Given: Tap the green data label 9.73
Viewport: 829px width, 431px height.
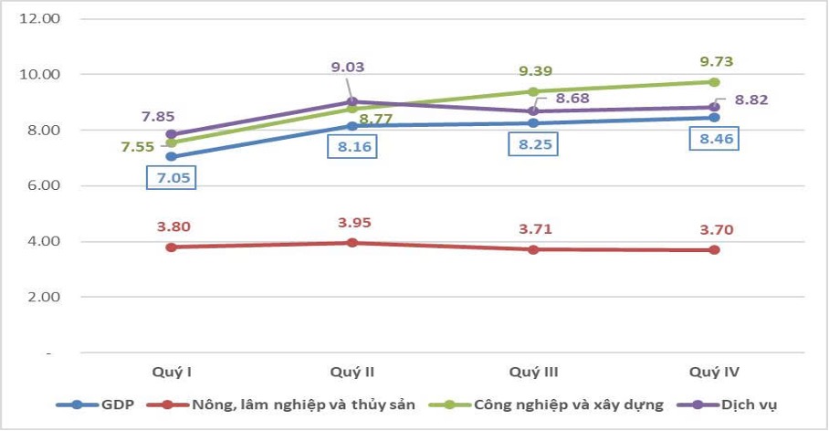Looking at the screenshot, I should point(716,61).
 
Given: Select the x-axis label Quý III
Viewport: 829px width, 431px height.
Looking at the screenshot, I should point(533,372).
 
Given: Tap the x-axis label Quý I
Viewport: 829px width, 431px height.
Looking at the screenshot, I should point(171,372).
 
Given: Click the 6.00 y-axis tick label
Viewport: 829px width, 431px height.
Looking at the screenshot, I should point(44,185).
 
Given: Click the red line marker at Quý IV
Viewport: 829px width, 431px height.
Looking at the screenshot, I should point(715,249).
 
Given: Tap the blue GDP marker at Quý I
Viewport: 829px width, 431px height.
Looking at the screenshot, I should point(171,156).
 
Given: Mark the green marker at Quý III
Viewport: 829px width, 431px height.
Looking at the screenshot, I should point(533,91).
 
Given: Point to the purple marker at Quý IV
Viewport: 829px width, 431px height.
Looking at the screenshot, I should point(715,107).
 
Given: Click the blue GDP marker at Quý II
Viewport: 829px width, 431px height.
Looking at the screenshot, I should point(352,125).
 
